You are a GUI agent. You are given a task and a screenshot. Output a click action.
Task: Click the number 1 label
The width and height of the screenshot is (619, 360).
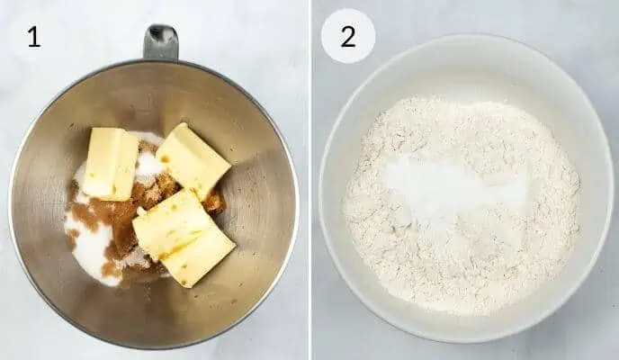(33, 37)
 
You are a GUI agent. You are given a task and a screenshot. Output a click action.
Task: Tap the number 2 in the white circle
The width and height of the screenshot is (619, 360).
(347, 36)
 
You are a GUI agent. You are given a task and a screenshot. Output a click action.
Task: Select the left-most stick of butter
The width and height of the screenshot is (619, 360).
(111, 163)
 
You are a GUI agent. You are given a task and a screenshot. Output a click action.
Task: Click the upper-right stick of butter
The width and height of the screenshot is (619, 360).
(193, 160)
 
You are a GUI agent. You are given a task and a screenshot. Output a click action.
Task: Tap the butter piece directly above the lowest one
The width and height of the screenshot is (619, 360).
(172, 224)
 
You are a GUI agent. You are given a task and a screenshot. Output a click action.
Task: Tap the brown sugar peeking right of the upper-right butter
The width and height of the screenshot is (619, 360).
(214, 202)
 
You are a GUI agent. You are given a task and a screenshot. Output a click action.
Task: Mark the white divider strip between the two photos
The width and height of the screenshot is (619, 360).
(309, 180)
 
